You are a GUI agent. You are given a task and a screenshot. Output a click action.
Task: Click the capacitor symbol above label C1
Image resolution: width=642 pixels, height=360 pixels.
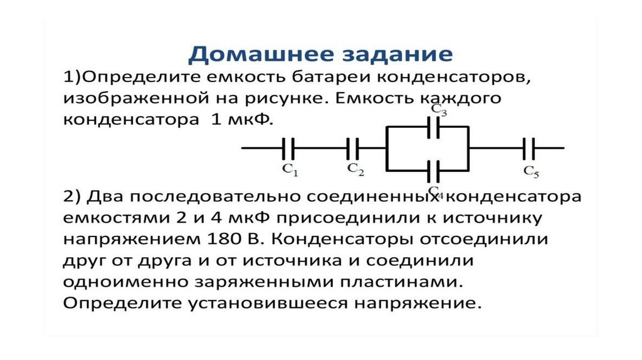point(288,148)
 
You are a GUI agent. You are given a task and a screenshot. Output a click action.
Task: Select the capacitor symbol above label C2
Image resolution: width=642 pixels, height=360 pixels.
point(352,148)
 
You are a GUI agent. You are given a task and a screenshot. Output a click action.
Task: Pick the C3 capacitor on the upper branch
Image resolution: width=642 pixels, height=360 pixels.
point(433,127)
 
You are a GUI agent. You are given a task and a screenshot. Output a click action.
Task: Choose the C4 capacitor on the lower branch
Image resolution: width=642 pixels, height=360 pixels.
point(433,171)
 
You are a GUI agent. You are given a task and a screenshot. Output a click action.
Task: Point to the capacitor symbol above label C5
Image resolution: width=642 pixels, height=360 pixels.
point(529,148)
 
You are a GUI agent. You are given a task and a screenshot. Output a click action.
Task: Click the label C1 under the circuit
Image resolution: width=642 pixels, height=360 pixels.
point(290,169)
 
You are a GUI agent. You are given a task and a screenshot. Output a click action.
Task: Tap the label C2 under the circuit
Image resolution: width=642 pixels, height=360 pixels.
point(355,169)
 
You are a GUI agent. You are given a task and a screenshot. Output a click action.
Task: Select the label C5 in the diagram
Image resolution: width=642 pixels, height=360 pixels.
point(532,171)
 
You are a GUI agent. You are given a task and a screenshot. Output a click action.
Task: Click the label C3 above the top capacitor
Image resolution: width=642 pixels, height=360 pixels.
point(439,110)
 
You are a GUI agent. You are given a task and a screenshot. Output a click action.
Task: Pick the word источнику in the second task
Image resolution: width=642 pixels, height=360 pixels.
point(493,218)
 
